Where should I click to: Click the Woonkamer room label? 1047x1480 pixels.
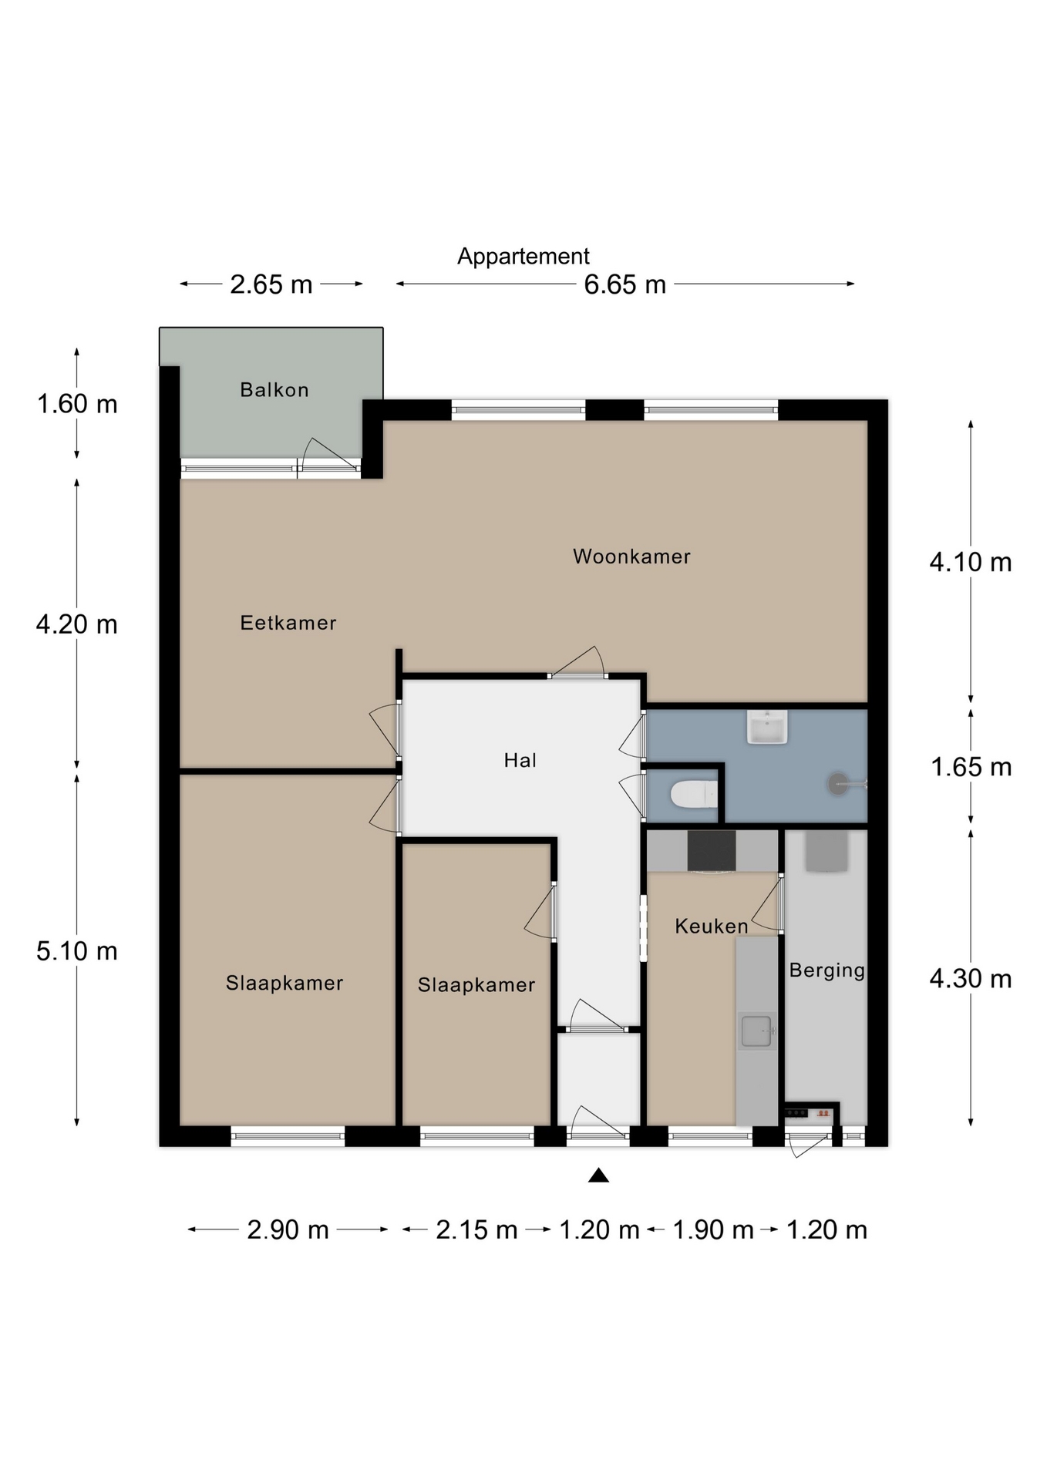click(631, 557)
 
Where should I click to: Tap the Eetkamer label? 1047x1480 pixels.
click(288, 623)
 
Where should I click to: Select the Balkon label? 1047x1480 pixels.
click(274, 390)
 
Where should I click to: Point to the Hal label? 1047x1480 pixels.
click(520, 761)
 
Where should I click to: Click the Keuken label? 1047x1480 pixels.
click(712, 926)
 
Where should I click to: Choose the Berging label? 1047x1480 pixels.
click(826, 970)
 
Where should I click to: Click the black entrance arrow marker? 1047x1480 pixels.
click(599, 1176)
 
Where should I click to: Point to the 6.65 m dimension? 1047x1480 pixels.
click(625, 284)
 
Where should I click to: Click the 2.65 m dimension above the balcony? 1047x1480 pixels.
click(271, 284)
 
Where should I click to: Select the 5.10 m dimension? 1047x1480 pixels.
click(77, 951)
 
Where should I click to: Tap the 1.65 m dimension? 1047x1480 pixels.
click(971, 767)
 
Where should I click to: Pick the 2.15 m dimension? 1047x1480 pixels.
click(476, 1229)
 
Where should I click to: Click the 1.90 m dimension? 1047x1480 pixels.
click(713, 1229)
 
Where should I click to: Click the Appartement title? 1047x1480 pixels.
click(523, 256)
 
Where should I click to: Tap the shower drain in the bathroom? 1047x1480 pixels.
click(838, 785)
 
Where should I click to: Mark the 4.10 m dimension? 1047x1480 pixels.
click(971, 563)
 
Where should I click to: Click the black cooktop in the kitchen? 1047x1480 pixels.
click(711, 850)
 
